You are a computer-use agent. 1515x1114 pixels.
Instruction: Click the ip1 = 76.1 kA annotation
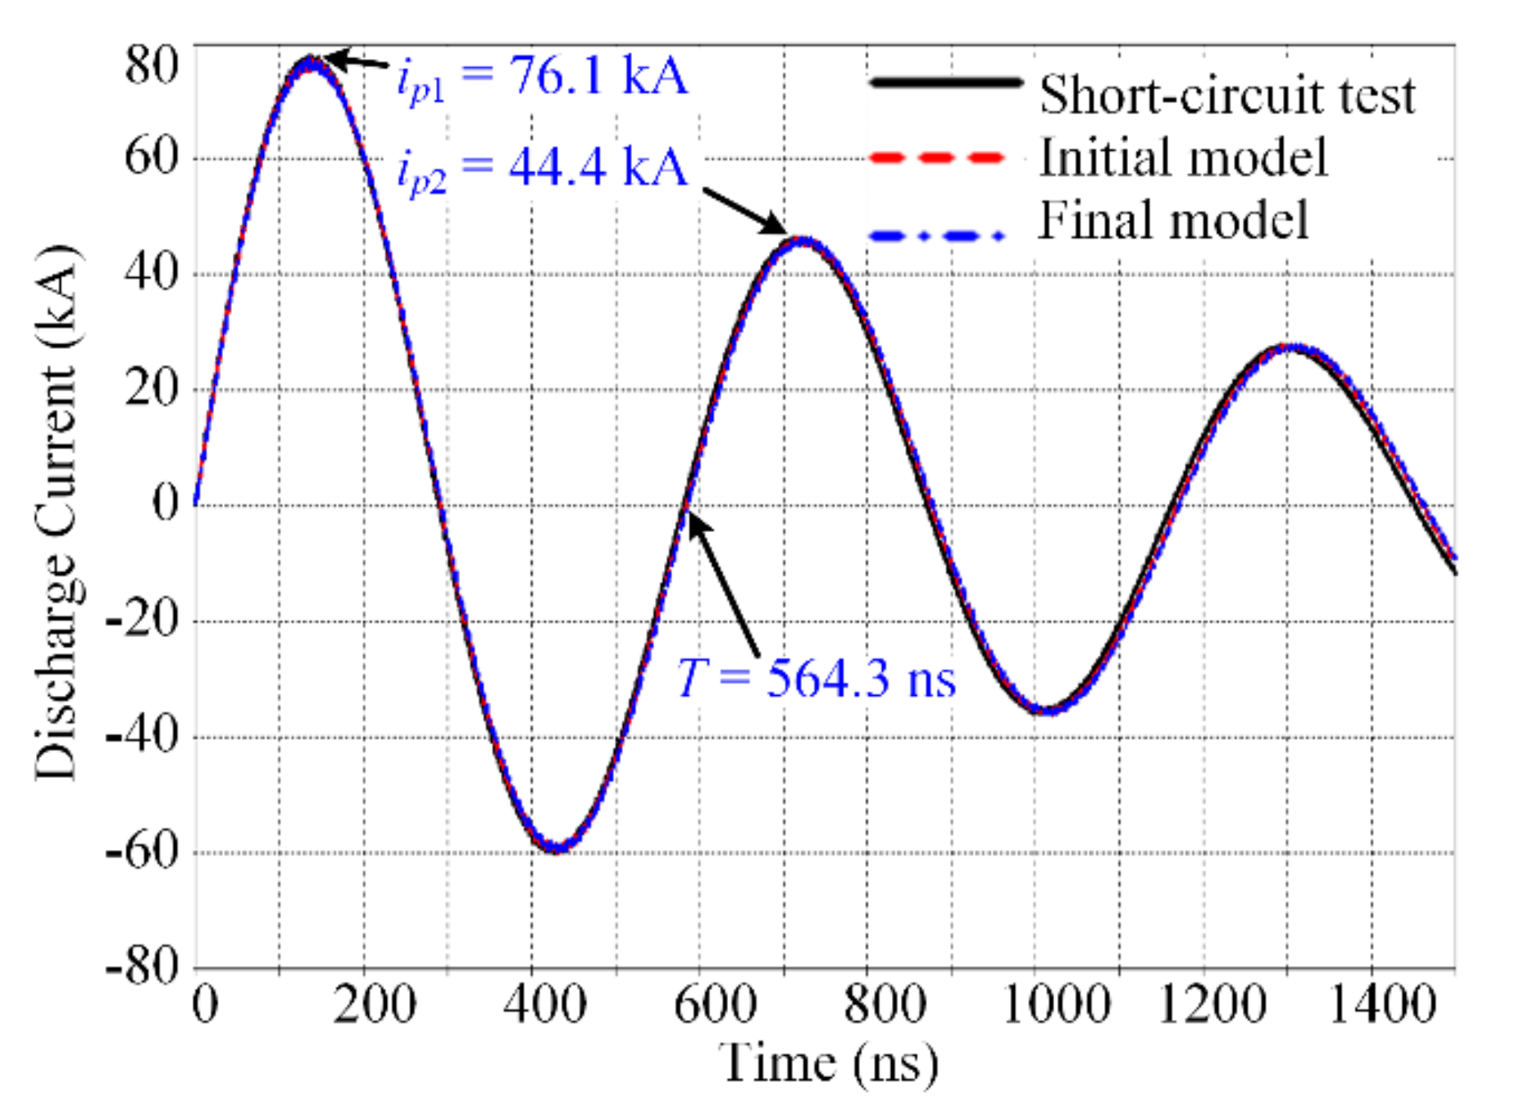click(541, 79)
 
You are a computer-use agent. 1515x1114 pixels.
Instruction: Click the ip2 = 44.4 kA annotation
click(541, 170)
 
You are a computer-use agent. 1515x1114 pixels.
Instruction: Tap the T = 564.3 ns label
click(816, 679)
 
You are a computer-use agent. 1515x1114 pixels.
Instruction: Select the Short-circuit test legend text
click(1226, 95)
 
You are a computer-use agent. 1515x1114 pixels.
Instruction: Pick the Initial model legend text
click(1182, 157)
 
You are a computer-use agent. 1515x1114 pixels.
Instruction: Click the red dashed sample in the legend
click(937, 157)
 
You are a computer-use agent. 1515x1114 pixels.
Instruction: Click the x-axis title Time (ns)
click(828, 1064)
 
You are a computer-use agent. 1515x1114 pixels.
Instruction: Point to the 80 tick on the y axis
click(152, 64)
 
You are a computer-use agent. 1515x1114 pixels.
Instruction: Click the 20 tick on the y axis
click(152, 388)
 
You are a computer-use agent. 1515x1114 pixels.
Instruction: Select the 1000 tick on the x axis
click(1056, 1005)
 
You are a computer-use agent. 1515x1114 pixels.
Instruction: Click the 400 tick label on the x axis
click(544, 1005)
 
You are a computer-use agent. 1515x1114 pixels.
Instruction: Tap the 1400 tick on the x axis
click(1382, 1005)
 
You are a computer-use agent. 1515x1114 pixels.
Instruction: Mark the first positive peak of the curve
click(311, 62)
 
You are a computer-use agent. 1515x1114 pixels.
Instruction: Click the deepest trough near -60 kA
click(556, 848)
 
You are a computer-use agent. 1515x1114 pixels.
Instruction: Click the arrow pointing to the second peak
click(744, 211)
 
